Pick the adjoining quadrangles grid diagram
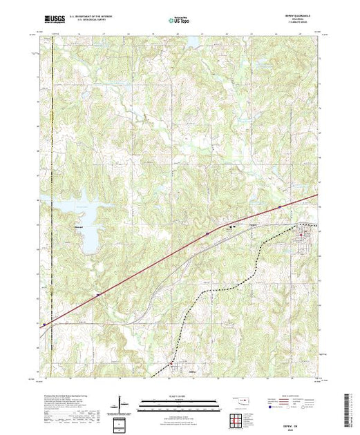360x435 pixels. (x=237, y=417)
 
